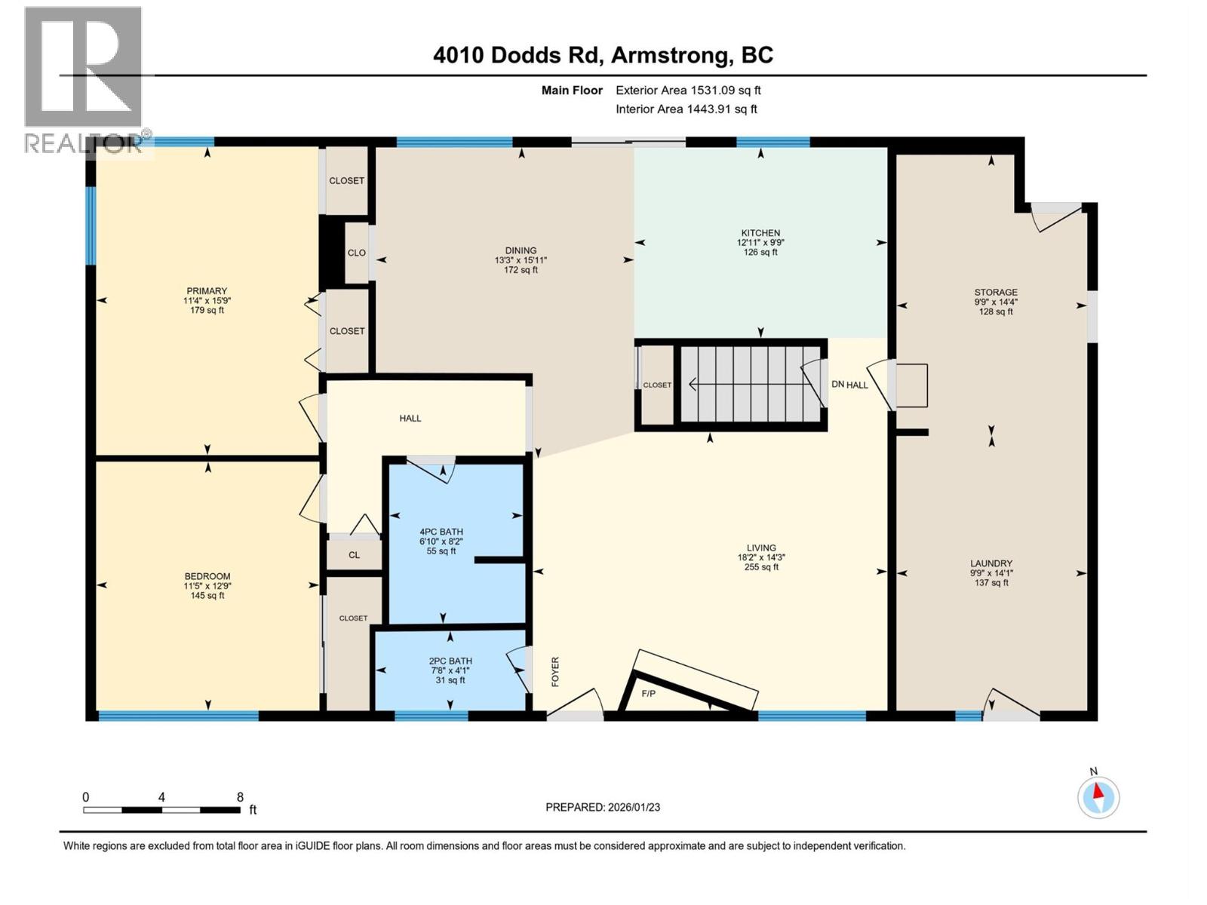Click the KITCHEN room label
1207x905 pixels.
(x=760, y=233)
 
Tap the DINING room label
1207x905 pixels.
(x=521, y=250)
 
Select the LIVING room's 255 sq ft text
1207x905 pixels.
(x=761, y=567)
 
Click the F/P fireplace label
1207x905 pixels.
(x=648, y=693)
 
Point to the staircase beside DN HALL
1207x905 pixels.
(x=751, y=385)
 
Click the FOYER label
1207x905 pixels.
(x=556, y=671)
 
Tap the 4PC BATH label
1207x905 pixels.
(x=441, y=532)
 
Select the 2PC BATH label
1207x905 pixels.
(x=450, y=661)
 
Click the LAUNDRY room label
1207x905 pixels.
(x=991, y=563)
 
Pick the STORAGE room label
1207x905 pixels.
(x=996, y=292)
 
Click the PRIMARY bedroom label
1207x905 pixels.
(x=207, y=291)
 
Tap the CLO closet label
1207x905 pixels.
(x=356, y=253)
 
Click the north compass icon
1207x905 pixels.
(x=1098, y=797)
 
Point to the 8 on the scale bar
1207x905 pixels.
(x=240, y=797)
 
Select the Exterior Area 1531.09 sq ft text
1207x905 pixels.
(x=688, y=90)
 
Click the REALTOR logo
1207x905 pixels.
(x=83, y=79)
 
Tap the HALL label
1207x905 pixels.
(x=410, y=418)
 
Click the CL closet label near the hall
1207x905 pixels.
(x=354, y=555)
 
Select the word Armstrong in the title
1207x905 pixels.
(x=671, y=55)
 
